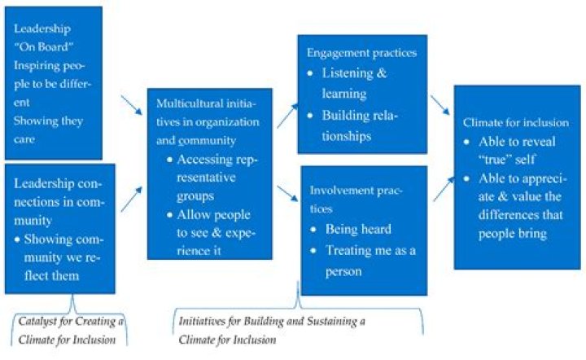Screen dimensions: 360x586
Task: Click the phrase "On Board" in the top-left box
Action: (42, 46)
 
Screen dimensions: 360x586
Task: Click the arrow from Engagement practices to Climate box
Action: (439, 104)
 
